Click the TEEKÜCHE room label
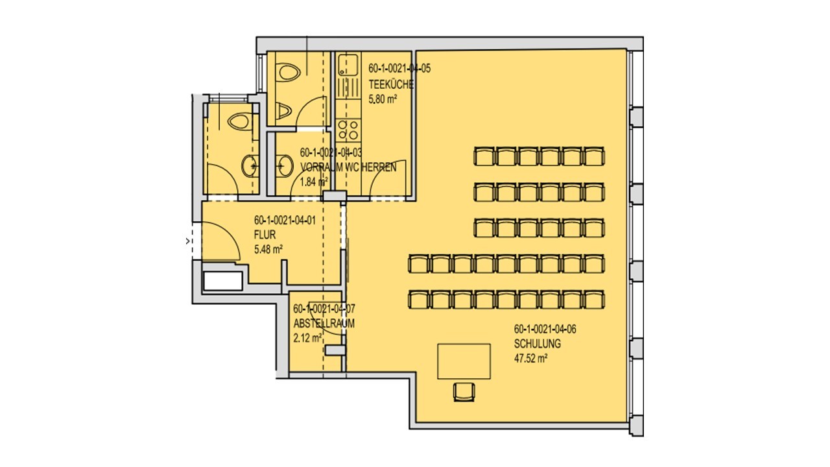[x=391, y=84]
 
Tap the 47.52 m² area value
[x=530, y=359]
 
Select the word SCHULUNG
[x=538, y=344]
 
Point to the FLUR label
[x=265, y=235]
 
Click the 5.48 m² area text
[x=268, y=250]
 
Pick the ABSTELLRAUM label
[x=324, y=324]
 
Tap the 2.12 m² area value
[x=307, y=338]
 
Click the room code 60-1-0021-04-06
[x=545, y=329]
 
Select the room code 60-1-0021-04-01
[x=285, y=221]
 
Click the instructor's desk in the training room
[x=464, y=361]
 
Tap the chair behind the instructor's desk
[x=464, y=392]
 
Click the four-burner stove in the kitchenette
[x=348, y=130]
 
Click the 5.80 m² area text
[x=383, y=99]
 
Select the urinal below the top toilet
[x=283, y=111]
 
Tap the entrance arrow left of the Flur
[x=188, y=241]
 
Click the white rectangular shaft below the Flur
[x=223, y=281]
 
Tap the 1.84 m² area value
[x=314, y=182]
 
